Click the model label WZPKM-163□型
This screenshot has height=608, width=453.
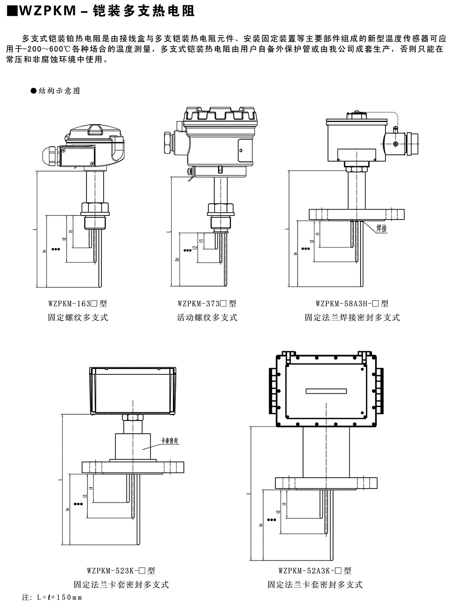click(77, 304)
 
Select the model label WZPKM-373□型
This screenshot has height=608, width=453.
click(207, 304)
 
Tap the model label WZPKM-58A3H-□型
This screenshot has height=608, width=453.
click(352, 304)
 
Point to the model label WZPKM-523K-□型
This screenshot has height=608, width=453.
click(121, 571)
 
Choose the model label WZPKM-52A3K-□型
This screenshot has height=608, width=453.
click(315, 571)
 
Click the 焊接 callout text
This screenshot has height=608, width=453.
click(382, 229)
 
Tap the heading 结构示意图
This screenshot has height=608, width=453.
click(59, 91)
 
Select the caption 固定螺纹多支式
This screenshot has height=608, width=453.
click(78, 318)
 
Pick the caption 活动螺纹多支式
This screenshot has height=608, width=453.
click(207, 318)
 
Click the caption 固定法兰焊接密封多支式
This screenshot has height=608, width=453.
click(352, 318)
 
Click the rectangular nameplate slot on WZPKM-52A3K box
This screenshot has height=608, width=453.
click(326, 391)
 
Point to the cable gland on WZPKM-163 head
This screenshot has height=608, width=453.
click(50, 156)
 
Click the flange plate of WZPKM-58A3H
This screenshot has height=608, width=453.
click(356, 214)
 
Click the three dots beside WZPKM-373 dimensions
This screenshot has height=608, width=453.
click(187, 249)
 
